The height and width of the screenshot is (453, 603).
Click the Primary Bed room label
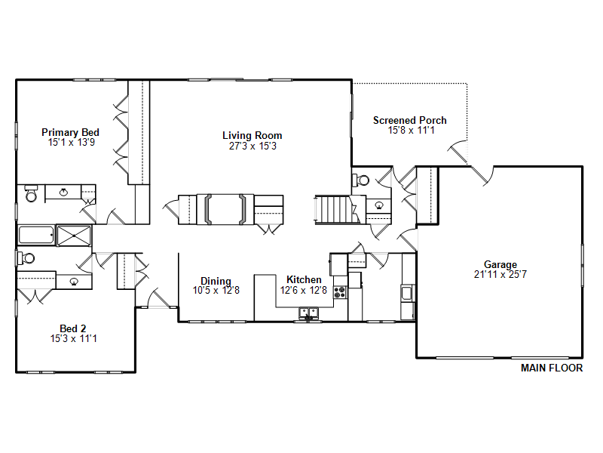coord(70,132)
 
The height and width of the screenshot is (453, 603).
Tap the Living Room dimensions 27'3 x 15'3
coord(253,146)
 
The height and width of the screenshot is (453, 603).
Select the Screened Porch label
coord(410,120)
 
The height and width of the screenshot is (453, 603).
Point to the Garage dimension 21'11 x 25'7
coord(500,274)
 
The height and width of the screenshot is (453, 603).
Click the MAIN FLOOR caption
coord(552,368)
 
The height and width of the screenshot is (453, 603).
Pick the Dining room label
coord(216,281)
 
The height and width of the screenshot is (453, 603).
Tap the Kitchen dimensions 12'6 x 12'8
coord(304,290)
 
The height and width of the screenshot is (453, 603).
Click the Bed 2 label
coord(72,328)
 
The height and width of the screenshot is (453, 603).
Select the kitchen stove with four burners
coord(340,292)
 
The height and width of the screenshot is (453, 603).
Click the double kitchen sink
coord(309,313)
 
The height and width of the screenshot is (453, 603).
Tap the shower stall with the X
coord(74,236)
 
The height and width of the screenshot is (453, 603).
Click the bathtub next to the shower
coord(36,236)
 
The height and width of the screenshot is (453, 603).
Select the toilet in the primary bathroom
coord(31,194)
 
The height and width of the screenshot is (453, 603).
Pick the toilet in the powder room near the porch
coord(361,180)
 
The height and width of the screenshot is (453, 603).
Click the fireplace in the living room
coord(225,210)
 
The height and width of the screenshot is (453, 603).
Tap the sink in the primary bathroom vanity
coord(64,193)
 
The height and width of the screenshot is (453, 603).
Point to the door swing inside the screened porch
coord(458,152)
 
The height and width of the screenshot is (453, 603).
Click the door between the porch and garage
coord(482,175)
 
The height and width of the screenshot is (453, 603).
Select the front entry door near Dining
coord(159,297)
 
